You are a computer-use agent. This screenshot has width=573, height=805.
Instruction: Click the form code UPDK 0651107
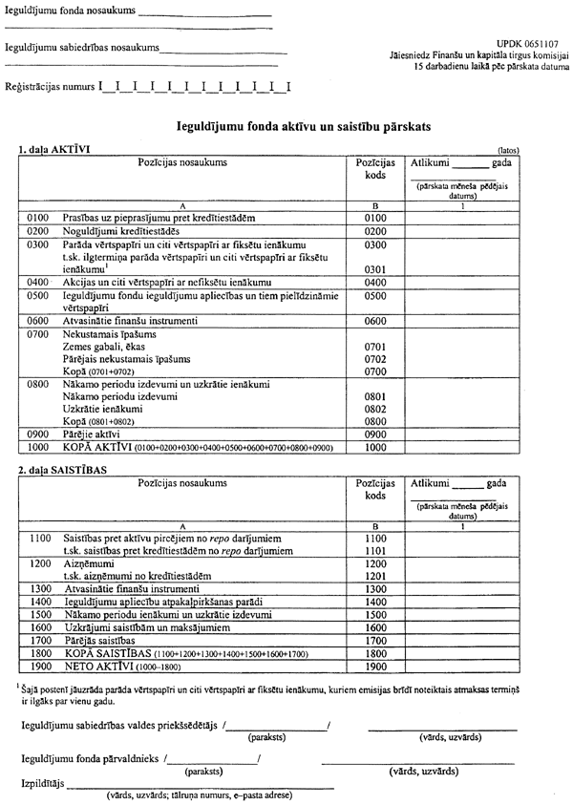click(x=528, y=45)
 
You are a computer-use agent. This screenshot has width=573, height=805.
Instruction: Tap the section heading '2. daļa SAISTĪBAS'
click(x=63, y=471)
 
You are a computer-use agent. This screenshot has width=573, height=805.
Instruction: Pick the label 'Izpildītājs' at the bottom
click(x=42, y=782)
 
